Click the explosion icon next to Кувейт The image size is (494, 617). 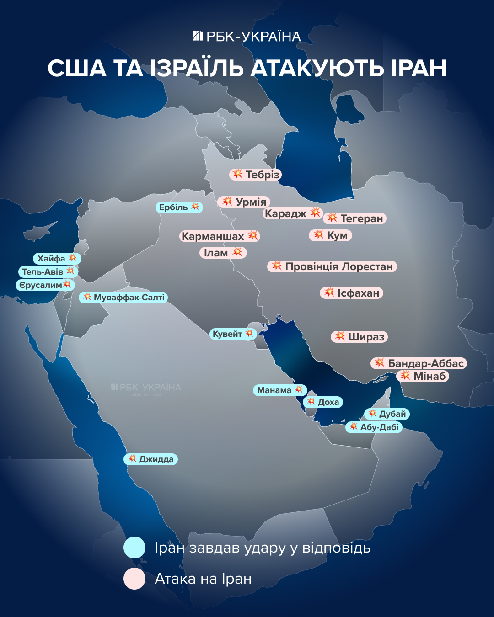click(249, 334)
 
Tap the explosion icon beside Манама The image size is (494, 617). click(299, 389)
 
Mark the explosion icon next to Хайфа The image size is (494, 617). click(72, 258)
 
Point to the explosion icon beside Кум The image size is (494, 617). click(319, 235)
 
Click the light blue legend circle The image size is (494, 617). click(134, 548)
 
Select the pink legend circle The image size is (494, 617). click(134, 579)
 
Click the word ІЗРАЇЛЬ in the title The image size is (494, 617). click(197, 69)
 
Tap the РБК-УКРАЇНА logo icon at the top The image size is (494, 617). click(198, 36)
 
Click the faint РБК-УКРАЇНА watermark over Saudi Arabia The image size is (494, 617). click(146, 388)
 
